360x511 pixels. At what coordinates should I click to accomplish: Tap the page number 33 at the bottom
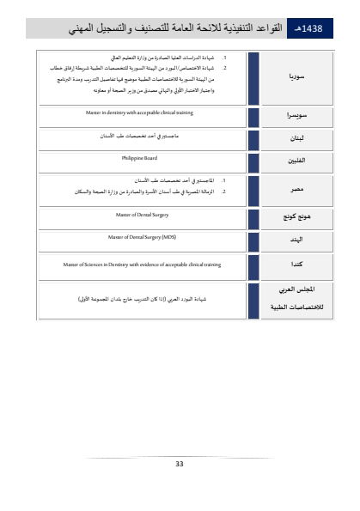click(x=180, y=464)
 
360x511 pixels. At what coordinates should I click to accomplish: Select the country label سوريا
click(x=298, y=76)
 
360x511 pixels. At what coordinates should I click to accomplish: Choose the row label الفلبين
click(x=297, y=161)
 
